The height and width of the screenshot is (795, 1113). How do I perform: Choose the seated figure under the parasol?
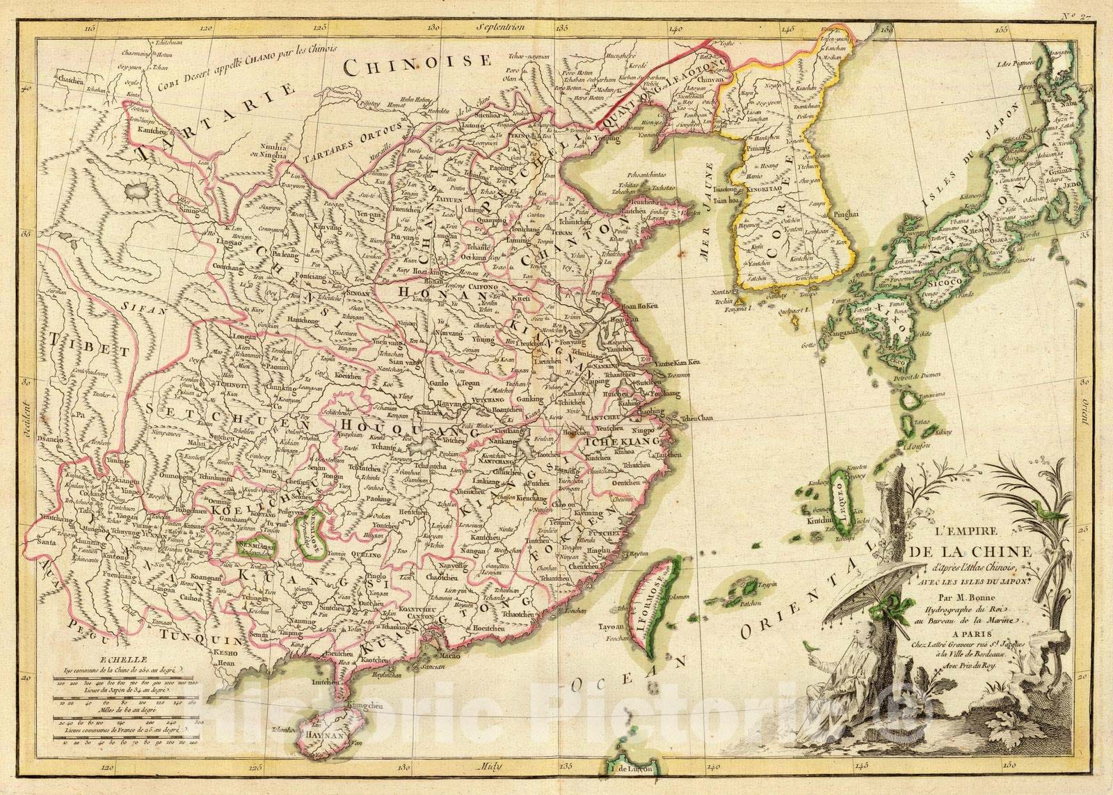point(840,668)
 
